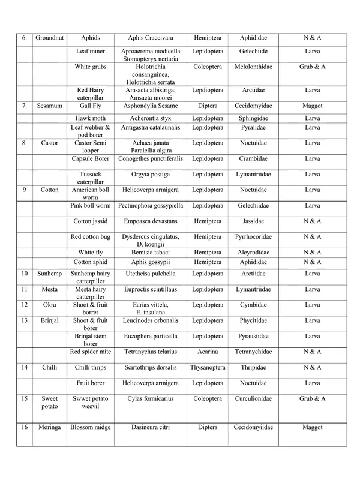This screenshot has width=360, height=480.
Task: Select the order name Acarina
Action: tap(208, 352)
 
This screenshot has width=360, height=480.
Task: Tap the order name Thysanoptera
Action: tap(208, 367)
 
